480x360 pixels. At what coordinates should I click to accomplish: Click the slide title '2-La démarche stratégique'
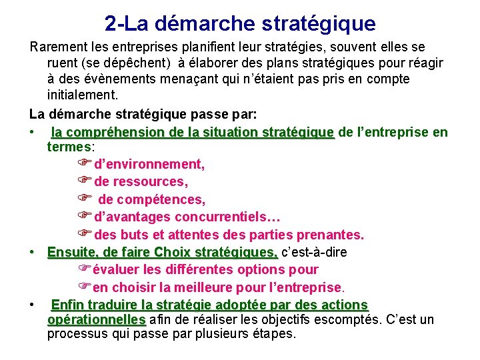coord(240,24)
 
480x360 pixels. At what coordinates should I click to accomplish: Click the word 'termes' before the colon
coord(69,147)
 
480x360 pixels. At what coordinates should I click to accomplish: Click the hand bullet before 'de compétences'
coord(83,199)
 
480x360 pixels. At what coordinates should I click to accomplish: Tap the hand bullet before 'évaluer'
coord(83,269)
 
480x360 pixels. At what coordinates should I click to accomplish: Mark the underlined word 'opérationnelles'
coord(96,319)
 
